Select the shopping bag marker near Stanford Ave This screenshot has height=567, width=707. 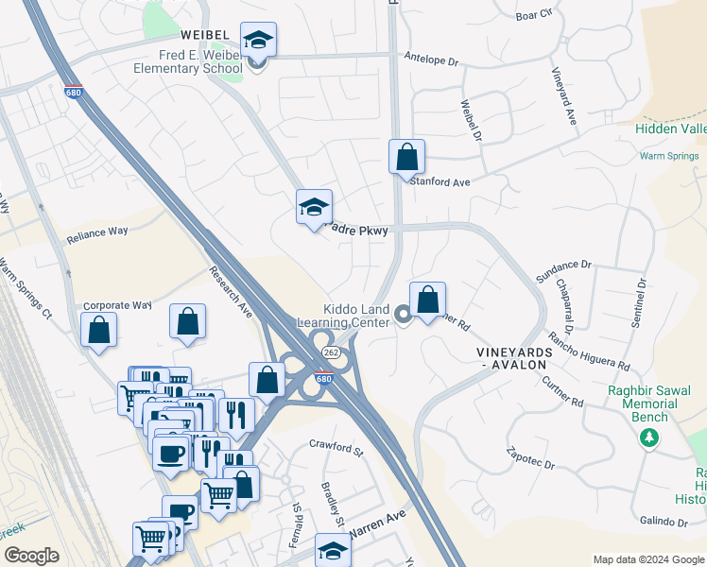point(406,158)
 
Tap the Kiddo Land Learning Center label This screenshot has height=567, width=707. point(356,316)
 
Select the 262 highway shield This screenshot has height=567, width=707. point(330,352)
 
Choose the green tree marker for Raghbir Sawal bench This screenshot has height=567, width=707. point(648,437)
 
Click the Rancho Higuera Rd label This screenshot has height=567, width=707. point(589,352)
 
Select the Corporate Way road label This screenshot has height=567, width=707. point(117,305)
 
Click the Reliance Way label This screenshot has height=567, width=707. point(96,236)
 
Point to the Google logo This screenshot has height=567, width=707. point(31,556)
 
